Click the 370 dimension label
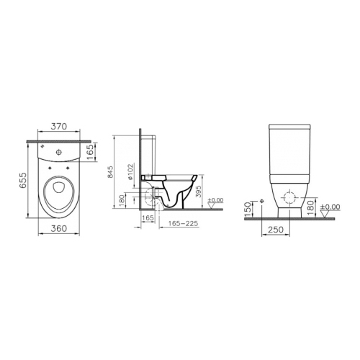pyautogui.click(x=59, y=126)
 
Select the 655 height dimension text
pyautogui.click(x=23, y=181)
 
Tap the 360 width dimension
pyautogui.click(x=59, y=228)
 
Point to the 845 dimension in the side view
pyautogui.click(x=111, y=172)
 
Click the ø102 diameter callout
pyautogui.click(x=130, y=172)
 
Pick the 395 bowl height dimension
pyautogui.click(x=198, y=192)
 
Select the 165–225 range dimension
pyautogui.click(x=183, y=223)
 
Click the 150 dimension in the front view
pyautogui.click(x=248, y=209)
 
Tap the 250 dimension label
pyautogui.click(x=276, y=230)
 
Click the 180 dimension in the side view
pyautogui.click(x=122, y=201)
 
